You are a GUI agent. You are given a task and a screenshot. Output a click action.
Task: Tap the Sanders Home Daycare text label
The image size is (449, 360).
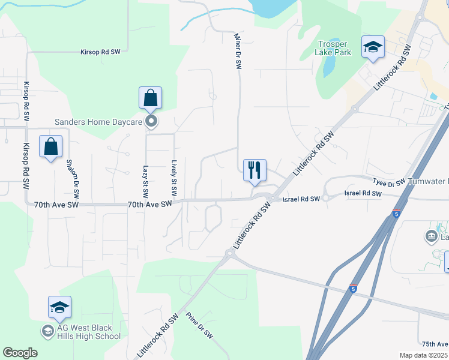(98, 122)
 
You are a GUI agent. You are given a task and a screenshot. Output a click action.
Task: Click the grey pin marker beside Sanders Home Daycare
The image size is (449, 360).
(151, 122)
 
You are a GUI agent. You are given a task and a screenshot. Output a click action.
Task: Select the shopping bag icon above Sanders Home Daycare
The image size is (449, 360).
(150, 99)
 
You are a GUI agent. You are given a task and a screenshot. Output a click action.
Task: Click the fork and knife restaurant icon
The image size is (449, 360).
(255, 170)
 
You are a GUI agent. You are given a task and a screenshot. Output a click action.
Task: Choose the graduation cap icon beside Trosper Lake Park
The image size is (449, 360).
(373, 47)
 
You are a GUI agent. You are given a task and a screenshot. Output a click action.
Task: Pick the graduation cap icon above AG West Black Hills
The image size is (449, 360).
(59, 307)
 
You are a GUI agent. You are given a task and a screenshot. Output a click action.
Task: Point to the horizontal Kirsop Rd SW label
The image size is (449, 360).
(100, 52)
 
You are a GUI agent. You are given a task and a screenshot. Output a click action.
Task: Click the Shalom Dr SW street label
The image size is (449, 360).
(72, 179)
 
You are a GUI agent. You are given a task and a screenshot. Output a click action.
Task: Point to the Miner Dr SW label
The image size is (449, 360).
(237, 51)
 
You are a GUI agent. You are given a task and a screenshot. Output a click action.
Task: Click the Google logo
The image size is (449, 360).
(20, 353)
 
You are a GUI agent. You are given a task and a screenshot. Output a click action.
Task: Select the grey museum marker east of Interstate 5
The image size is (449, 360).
(431, 237)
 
